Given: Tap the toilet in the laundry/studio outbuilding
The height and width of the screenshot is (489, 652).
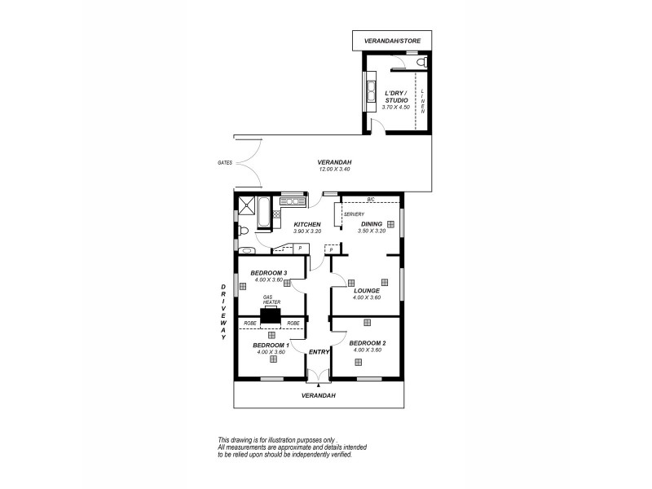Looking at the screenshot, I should (421, 62).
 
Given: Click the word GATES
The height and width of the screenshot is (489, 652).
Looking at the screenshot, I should (226, 163).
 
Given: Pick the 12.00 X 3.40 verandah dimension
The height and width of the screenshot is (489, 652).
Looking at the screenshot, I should (334, 170).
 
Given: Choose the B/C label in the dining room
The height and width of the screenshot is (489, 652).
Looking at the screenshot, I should (370, 200).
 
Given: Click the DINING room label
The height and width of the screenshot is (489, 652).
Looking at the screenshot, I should (371, 225).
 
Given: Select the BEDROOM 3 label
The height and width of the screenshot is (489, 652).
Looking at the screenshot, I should (269, 273).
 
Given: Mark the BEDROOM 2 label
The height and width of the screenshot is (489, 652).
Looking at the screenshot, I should (368, 343).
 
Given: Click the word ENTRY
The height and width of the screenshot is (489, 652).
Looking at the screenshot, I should (318, 351).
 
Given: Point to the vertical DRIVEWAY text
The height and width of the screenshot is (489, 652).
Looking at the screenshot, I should (222, 317).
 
